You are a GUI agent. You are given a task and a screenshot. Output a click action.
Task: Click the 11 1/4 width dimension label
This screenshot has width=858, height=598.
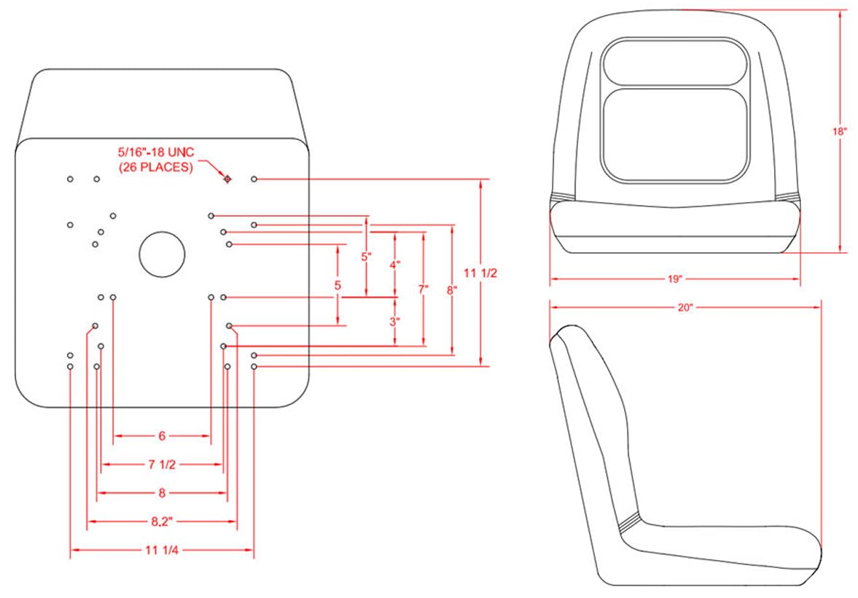[162, 550]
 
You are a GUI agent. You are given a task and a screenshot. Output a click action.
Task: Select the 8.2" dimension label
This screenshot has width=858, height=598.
[161, 521]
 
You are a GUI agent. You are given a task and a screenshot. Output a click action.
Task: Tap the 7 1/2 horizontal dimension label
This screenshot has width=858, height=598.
[162, 465]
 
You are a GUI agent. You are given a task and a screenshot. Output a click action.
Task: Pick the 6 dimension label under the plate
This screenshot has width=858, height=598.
[162, 436]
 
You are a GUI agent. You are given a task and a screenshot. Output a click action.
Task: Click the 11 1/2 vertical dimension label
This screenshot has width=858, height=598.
[480, 273]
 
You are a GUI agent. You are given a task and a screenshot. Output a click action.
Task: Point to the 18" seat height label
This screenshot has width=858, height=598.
[839, 131]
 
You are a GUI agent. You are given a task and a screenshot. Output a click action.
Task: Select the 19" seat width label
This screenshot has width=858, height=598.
[675, 279]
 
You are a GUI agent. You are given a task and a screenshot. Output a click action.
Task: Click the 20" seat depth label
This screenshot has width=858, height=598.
[685, 308]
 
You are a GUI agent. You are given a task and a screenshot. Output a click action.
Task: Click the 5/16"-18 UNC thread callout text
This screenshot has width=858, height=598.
[156, 152]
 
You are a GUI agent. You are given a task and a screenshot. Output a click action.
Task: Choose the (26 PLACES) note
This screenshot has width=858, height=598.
[156, 167]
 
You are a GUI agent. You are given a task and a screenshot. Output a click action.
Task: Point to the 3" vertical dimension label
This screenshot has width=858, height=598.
[395, 322]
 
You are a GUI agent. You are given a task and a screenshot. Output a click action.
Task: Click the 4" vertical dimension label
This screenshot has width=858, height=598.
[395, 265]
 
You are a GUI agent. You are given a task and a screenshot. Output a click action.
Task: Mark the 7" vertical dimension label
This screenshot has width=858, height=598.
[423, 289]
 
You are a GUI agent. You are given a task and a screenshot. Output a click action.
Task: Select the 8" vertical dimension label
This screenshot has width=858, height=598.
[451, 290]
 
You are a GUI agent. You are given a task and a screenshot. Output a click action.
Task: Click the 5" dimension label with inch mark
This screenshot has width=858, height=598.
[366, 256]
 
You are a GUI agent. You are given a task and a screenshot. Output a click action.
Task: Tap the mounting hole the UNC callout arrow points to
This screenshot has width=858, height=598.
[227, 179]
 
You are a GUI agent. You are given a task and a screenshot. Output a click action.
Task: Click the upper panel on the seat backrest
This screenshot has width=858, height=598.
[675, 63]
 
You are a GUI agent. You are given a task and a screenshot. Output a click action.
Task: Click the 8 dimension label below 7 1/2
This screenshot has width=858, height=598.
[162, 493]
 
